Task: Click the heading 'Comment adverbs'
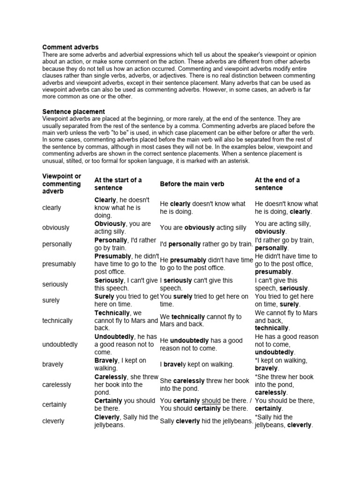70,47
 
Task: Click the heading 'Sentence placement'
74,112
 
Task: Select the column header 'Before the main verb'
193,184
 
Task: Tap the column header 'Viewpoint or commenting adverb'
62,184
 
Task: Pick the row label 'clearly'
52,208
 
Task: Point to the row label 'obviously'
56,227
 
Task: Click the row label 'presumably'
59,264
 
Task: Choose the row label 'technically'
57,321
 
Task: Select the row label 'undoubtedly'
60,345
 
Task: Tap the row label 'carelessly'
57,384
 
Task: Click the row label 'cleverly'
53,421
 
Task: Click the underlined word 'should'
211,401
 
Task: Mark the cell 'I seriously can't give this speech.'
196,284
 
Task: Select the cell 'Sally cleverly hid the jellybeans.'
206,421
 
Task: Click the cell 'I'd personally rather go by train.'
207,244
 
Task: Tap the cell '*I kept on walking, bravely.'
281,364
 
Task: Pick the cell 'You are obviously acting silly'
203,227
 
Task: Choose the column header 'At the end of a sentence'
277,184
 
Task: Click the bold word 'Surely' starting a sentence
105,296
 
